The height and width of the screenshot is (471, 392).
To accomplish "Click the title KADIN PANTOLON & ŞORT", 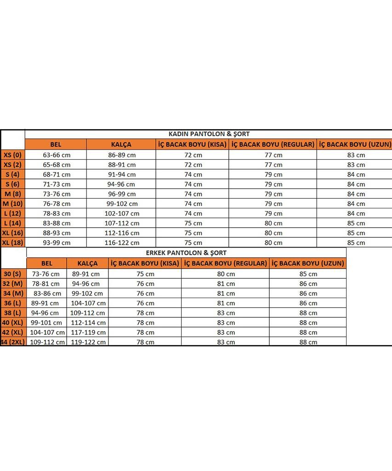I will [209, 134].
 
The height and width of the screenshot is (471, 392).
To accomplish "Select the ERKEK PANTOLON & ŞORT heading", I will [186, 253].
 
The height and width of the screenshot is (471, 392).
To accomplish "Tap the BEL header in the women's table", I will [56, 144].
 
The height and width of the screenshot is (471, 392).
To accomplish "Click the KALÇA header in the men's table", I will [87, 264].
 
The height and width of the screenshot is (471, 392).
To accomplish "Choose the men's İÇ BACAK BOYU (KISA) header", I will [145, 264].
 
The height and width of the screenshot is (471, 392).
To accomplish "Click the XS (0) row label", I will [12, 155].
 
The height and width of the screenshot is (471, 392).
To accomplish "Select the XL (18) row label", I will [12, 242].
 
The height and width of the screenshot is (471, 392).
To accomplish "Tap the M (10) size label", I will [12, 203].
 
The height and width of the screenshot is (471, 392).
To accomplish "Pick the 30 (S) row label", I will [13, 274].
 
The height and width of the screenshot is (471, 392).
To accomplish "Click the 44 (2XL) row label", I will [14, 342].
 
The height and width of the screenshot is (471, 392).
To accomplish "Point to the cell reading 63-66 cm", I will [57, 155].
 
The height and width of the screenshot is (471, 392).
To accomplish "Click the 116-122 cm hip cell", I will [122, 243].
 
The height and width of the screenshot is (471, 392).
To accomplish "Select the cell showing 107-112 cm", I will [122, 223].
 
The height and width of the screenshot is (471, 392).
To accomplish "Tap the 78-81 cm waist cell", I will [46, 284].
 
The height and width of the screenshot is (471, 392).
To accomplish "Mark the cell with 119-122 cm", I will [89, 342].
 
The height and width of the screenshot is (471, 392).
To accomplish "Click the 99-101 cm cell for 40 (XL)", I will [46, 322].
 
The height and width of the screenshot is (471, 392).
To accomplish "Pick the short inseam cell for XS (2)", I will [193, 165].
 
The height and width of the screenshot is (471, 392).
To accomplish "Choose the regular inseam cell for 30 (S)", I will [226, 274].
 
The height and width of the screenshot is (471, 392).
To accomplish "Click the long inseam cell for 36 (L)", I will [308, 303].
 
